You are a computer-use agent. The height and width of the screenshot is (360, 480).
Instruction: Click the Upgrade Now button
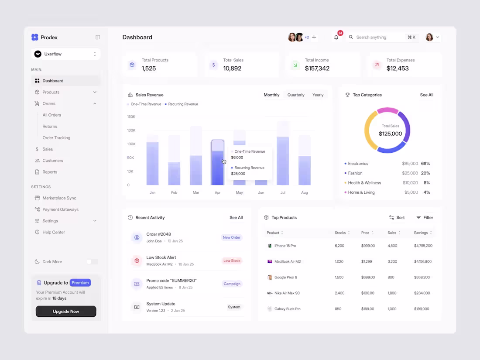click(x=66, y=312)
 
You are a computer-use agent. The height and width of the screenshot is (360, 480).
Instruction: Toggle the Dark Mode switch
click(x=92, y=262)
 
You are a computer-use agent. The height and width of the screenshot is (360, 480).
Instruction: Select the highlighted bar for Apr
click(x=218, y=162)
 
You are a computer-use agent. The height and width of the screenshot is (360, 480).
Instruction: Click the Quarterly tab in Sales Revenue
click(x=296, y=95)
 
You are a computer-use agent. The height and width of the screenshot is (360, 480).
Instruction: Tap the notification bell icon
click(x=336, y=38)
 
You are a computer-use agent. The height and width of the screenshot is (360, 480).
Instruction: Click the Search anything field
click(x=379, y=38)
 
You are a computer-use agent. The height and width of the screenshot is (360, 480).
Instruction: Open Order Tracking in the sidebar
click(x=56, y=138)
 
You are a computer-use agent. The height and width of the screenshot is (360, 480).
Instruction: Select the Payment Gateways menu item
click(x=60, y=209)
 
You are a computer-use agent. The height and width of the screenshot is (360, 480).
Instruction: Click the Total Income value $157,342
click(x=317, y=69)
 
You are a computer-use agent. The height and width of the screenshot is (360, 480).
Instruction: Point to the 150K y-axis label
click(x=131, y=117)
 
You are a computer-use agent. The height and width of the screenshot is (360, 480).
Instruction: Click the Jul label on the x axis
click(x=283, y=192)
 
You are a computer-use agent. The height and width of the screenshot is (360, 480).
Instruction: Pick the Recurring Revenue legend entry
click(x=183, y=104)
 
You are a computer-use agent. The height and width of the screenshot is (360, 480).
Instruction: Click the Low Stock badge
click(x=232, y=261)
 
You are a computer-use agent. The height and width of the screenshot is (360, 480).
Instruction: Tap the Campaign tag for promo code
click(x=232, y=284)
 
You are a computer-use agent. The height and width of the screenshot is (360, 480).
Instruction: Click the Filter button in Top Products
click(x=425, y=218)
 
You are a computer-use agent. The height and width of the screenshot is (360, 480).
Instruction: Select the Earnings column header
click(x=421, y=233)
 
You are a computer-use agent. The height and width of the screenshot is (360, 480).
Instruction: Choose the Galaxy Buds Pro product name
click(x=287, y=309)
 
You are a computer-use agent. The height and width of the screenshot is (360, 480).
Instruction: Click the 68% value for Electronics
click(x=425, y=164)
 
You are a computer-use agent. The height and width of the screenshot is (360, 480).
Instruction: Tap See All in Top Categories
click(x=426, y=95)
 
